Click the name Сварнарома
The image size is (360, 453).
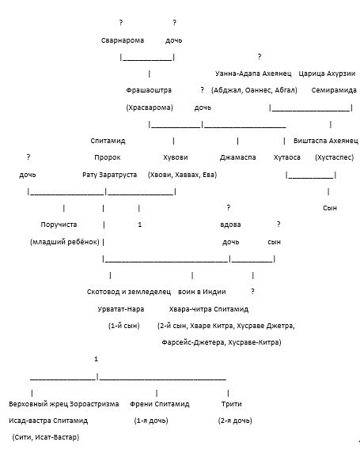[x=123, y=40]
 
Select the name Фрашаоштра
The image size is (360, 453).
[x=149, y=90]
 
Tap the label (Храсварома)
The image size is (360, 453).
[x=150, y=108]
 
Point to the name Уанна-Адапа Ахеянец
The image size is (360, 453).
[x=253, y=74]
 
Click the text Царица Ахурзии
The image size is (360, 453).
[x=327, y=74]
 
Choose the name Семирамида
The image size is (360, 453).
[x=334, y=90]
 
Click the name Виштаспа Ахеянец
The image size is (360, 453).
[x=326, y=141]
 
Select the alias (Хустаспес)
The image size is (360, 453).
[x=334, y=157]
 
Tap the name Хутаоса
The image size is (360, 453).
[x=287, y=158]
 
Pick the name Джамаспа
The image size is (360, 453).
[x=237, y=158]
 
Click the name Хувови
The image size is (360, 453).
[x=175, y=158]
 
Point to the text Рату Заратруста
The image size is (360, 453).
[x=110, y=175]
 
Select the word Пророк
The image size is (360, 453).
[x=108, y=158]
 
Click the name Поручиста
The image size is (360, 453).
[x=59, y=225]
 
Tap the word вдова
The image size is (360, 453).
[x=230, y=225]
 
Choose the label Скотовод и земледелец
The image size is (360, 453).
[x=129, y=292]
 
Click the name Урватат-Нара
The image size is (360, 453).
[x=120, y=309]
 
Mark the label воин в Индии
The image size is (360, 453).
[x=202, y=292]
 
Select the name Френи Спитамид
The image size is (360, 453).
[x=159, y=404]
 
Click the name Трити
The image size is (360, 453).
[x=231, y=404]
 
